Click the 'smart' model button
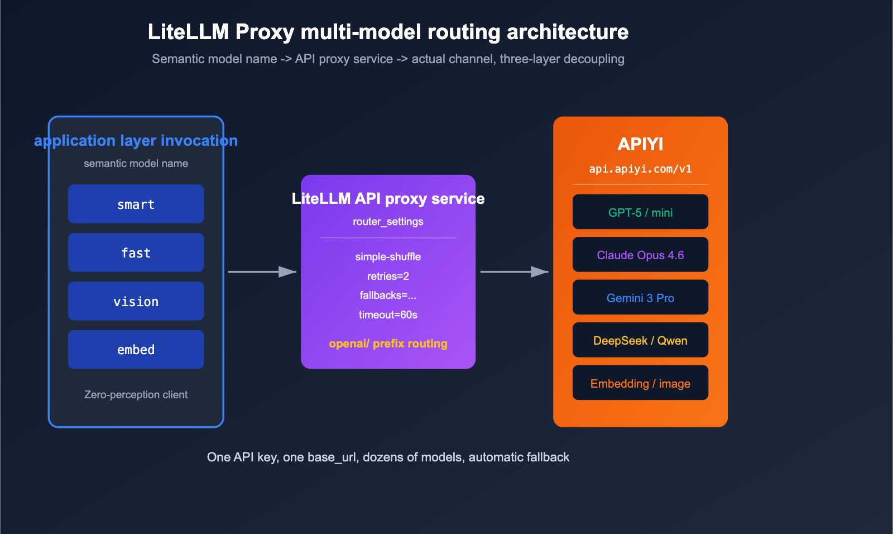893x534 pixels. (x=136, y=204)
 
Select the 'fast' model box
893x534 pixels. (x=136, y=252)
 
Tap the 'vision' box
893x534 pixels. (x=136, y=301)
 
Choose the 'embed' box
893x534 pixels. (x=136, y=350)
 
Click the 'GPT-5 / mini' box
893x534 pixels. (x=640, y=212)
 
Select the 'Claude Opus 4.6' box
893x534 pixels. (x=640, y=255)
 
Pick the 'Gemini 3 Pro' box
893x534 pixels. (x=640, y=298)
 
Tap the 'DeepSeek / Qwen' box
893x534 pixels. (x=640, y=340)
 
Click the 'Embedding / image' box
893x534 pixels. (x=640, y=383)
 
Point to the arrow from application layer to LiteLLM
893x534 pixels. (x=262, y=272)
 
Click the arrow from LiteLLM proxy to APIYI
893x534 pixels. (x=514, y=272)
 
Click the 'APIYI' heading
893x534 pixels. (x=640, y=144)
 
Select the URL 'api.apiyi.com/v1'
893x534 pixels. (x=640, y=169)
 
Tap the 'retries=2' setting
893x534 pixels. (x=388, y=276)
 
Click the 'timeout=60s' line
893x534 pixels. (x=388, y=314)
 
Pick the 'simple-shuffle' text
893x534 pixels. (x=388, y=256)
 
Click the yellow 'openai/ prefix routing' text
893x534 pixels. (x=388, y=344)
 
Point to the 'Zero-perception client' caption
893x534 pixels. (x=136, y=394)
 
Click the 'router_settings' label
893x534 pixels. (x=388, y=221)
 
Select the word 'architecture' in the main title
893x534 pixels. (x=567, y=32)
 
